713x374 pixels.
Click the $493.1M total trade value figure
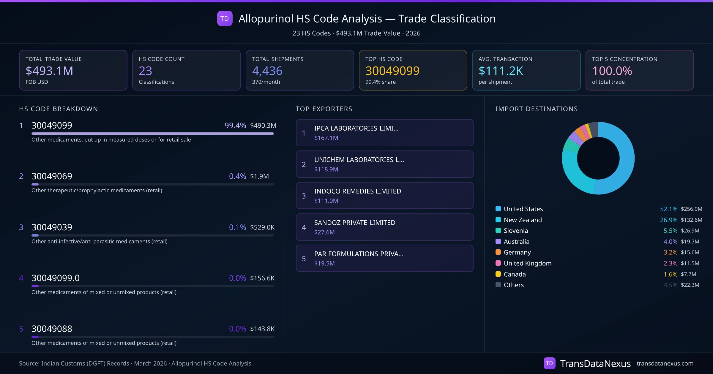pyautogui.click(x=49, y=71)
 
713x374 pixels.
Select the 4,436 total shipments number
pyautogui.click(x=267, y=71)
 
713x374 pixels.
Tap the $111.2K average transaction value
pyautogui.click(x=501, y=71)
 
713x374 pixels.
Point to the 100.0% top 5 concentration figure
pyautogui.click(x=612, y=71)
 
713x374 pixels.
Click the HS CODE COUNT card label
pyautogui.click(x=162, y=59)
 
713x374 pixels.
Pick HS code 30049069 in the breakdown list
pyautogui.click(x=52, y=176)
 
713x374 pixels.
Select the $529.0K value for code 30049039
pyautogui.click(x=262, y=227)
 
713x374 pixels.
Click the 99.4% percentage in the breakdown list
pyautogui.click(x=235, y=125)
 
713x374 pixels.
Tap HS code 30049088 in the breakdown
pyautogui.click(x=52, y=329)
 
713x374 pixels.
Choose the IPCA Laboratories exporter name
pyautogui.click(x=356, y=128)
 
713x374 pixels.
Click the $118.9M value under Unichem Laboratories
pyautogui.click(x=326, y=169)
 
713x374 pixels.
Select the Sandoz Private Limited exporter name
pyautogui.click(x=355, y=223)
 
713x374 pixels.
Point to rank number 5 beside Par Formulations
pyautogui.click(x=304, y=259)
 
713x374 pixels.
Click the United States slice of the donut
pyautogui.click(x=625, y=157)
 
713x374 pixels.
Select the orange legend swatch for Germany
pyautogui.click(x=498, y=252)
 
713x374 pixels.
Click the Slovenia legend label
pyautogui.click(x=516, y=231)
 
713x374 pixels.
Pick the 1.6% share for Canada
pyautogui.click(x=670, y=274)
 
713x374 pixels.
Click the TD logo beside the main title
pyautogui.click(x=225, y=19)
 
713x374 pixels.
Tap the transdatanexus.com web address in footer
pyautogui.click(x=665, y=363)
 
